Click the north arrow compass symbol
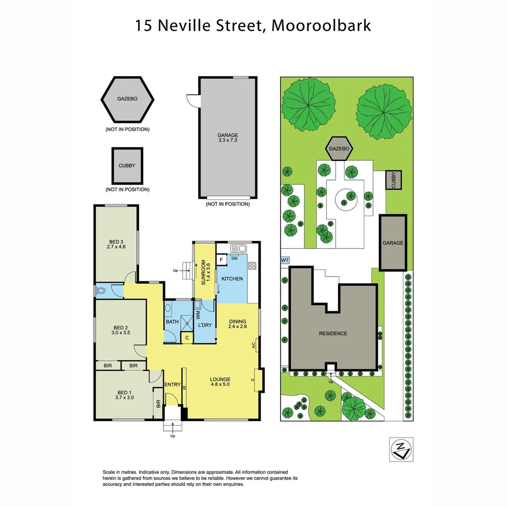tap(401, 449)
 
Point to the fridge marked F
tap(221, 259)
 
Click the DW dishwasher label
tap(234, 258)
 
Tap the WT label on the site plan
tap(284, 260)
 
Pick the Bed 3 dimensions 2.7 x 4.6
tap(116, 246)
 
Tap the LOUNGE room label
tap(220, 379)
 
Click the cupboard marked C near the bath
tap(187, 338)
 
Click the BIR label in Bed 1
tap(158, 404)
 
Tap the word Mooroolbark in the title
tap(321, 25)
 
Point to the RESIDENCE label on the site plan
tap(333, 333)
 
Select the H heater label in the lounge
tap(253, 380)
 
